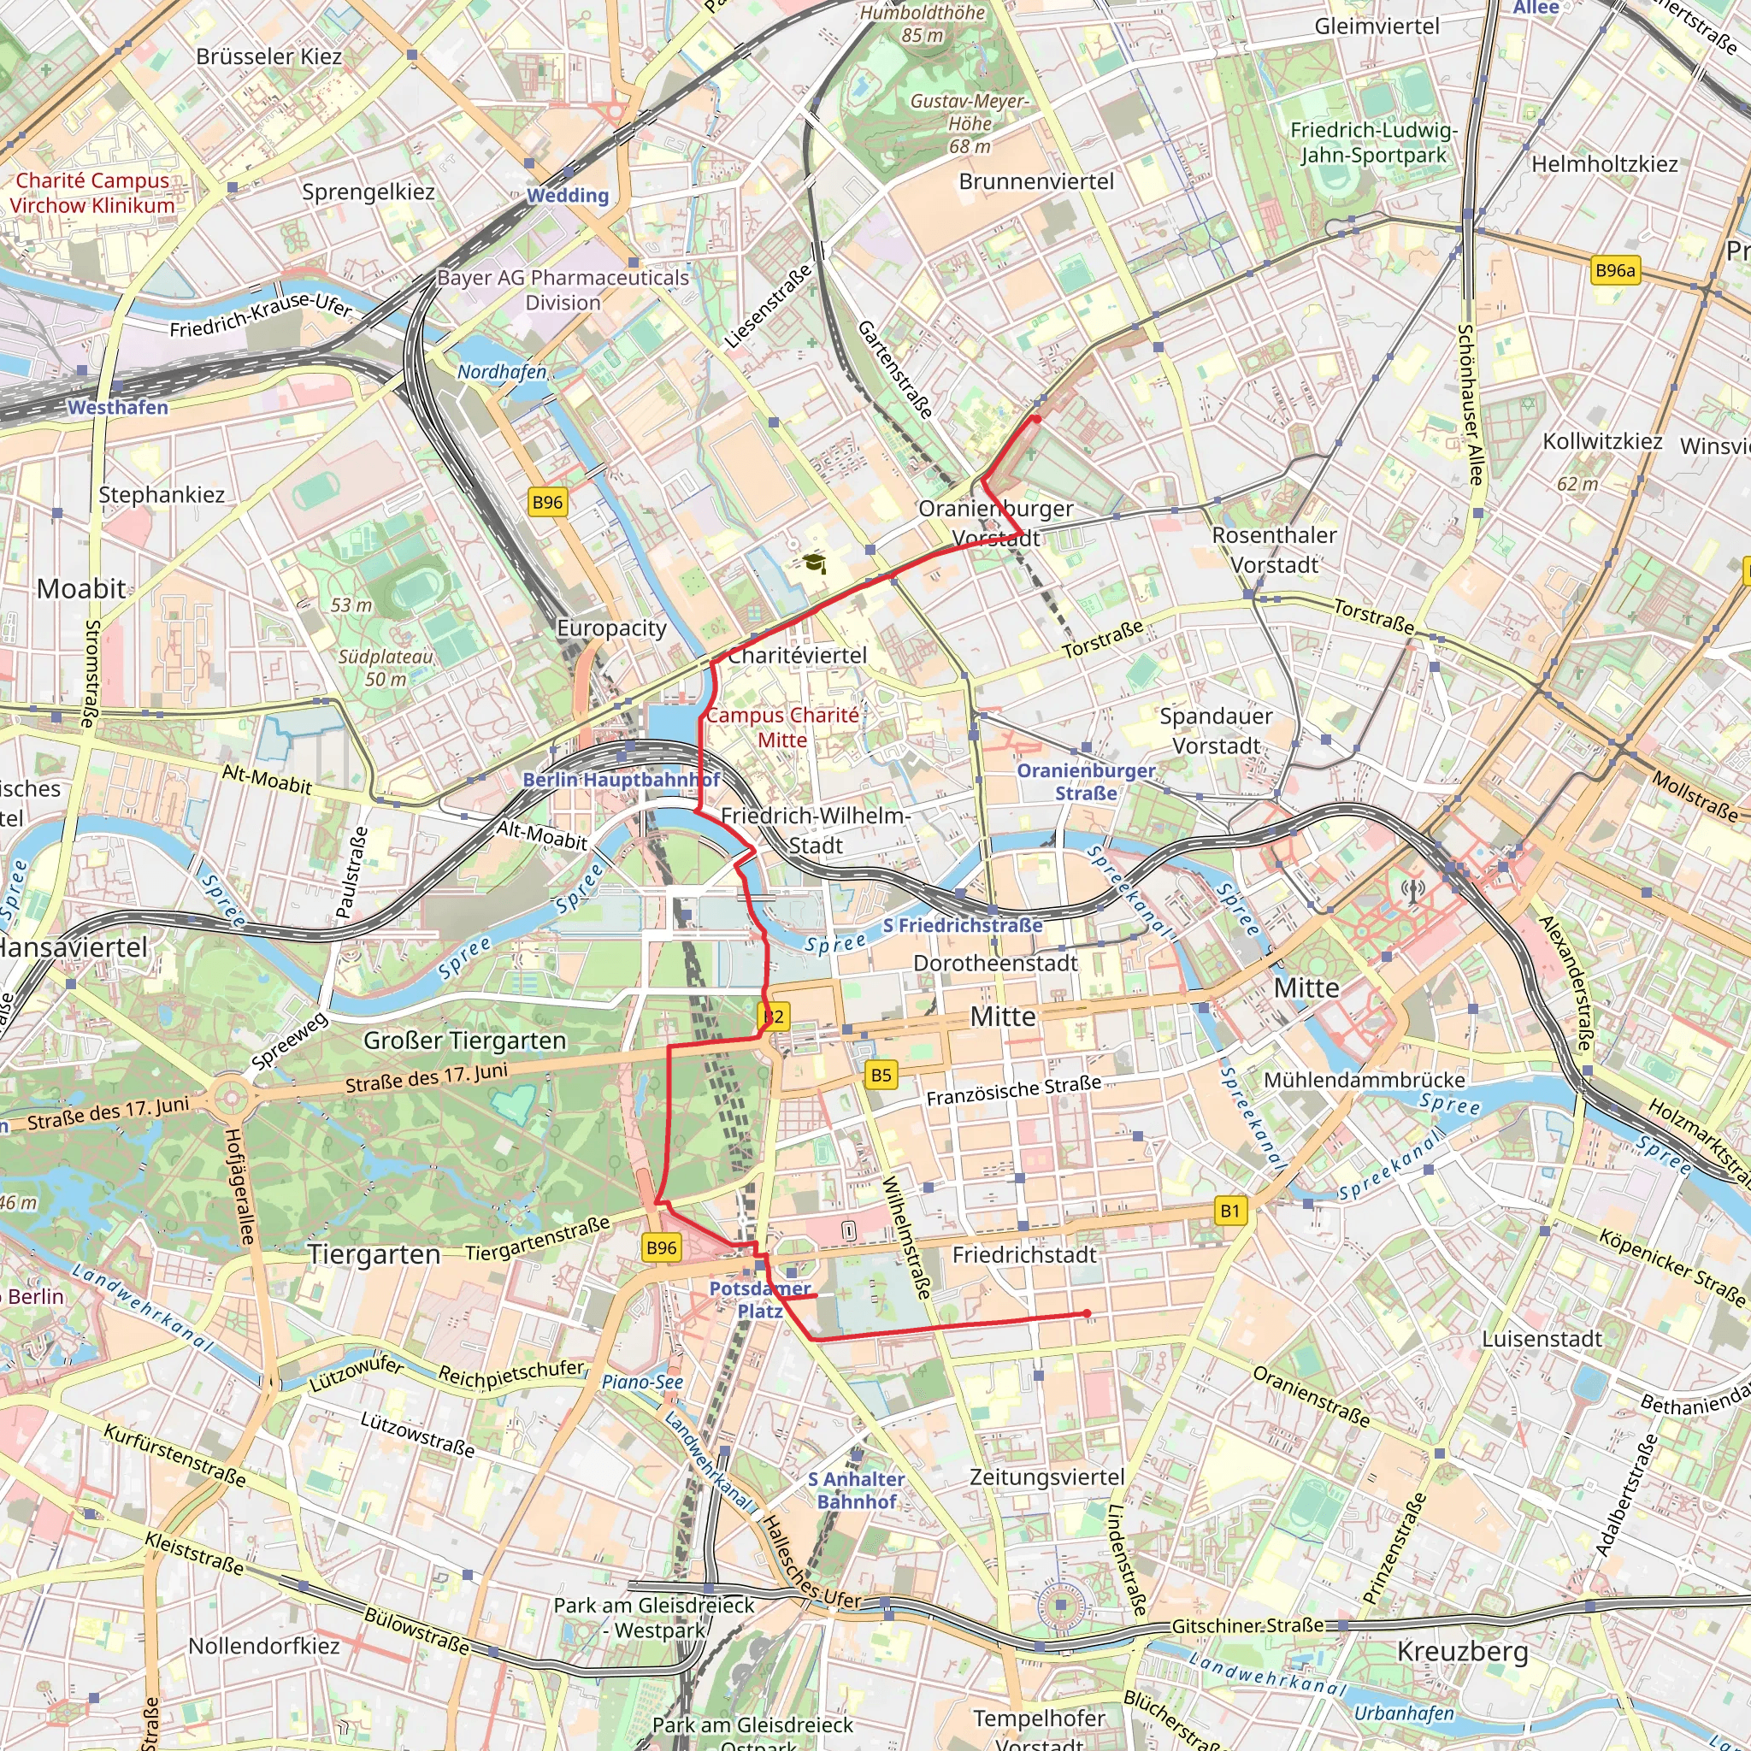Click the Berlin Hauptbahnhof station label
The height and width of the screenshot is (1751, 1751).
621,780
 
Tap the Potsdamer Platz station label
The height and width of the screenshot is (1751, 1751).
759,1299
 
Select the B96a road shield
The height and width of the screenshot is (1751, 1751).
1615,270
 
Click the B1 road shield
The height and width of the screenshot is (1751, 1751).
1229,1211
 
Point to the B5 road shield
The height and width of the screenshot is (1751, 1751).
881,1075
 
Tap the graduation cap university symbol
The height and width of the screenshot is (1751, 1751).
815,563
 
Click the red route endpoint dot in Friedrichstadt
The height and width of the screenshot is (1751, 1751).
1087,1313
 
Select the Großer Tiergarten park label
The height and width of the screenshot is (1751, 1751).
465,1041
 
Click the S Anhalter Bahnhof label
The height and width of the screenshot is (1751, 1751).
857,1490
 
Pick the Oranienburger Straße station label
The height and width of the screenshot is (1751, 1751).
1086,781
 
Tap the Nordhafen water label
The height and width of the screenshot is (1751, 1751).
502,372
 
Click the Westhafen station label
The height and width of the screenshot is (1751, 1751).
118,408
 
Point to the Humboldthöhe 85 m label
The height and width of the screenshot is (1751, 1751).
922,24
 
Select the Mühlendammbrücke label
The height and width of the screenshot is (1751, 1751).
1364,1080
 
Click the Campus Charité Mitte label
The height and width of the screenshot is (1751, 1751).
782,727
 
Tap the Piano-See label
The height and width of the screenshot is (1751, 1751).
643,1382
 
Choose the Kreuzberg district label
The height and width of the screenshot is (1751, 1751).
1462,1650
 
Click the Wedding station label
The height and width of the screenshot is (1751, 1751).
569,195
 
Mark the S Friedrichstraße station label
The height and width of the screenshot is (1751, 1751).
963,925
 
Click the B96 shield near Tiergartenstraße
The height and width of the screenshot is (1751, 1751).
662,1247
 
